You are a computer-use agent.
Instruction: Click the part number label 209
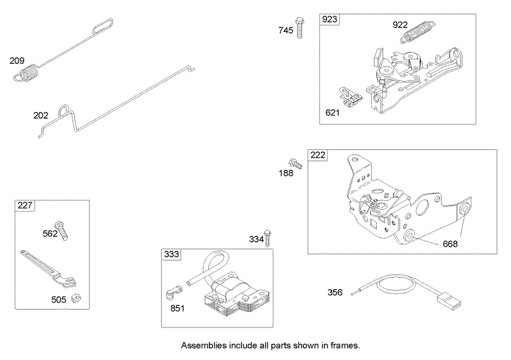[17, 61]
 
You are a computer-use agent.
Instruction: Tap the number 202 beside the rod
[41, 116]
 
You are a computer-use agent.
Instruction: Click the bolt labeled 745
[298, 29]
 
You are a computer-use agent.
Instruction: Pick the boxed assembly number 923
[329, 20]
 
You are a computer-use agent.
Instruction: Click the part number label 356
[335, 292]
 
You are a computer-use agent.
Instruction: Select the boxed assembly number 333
[171, 255]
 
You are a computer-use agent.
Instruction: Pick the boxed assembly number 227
[25, 206]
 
